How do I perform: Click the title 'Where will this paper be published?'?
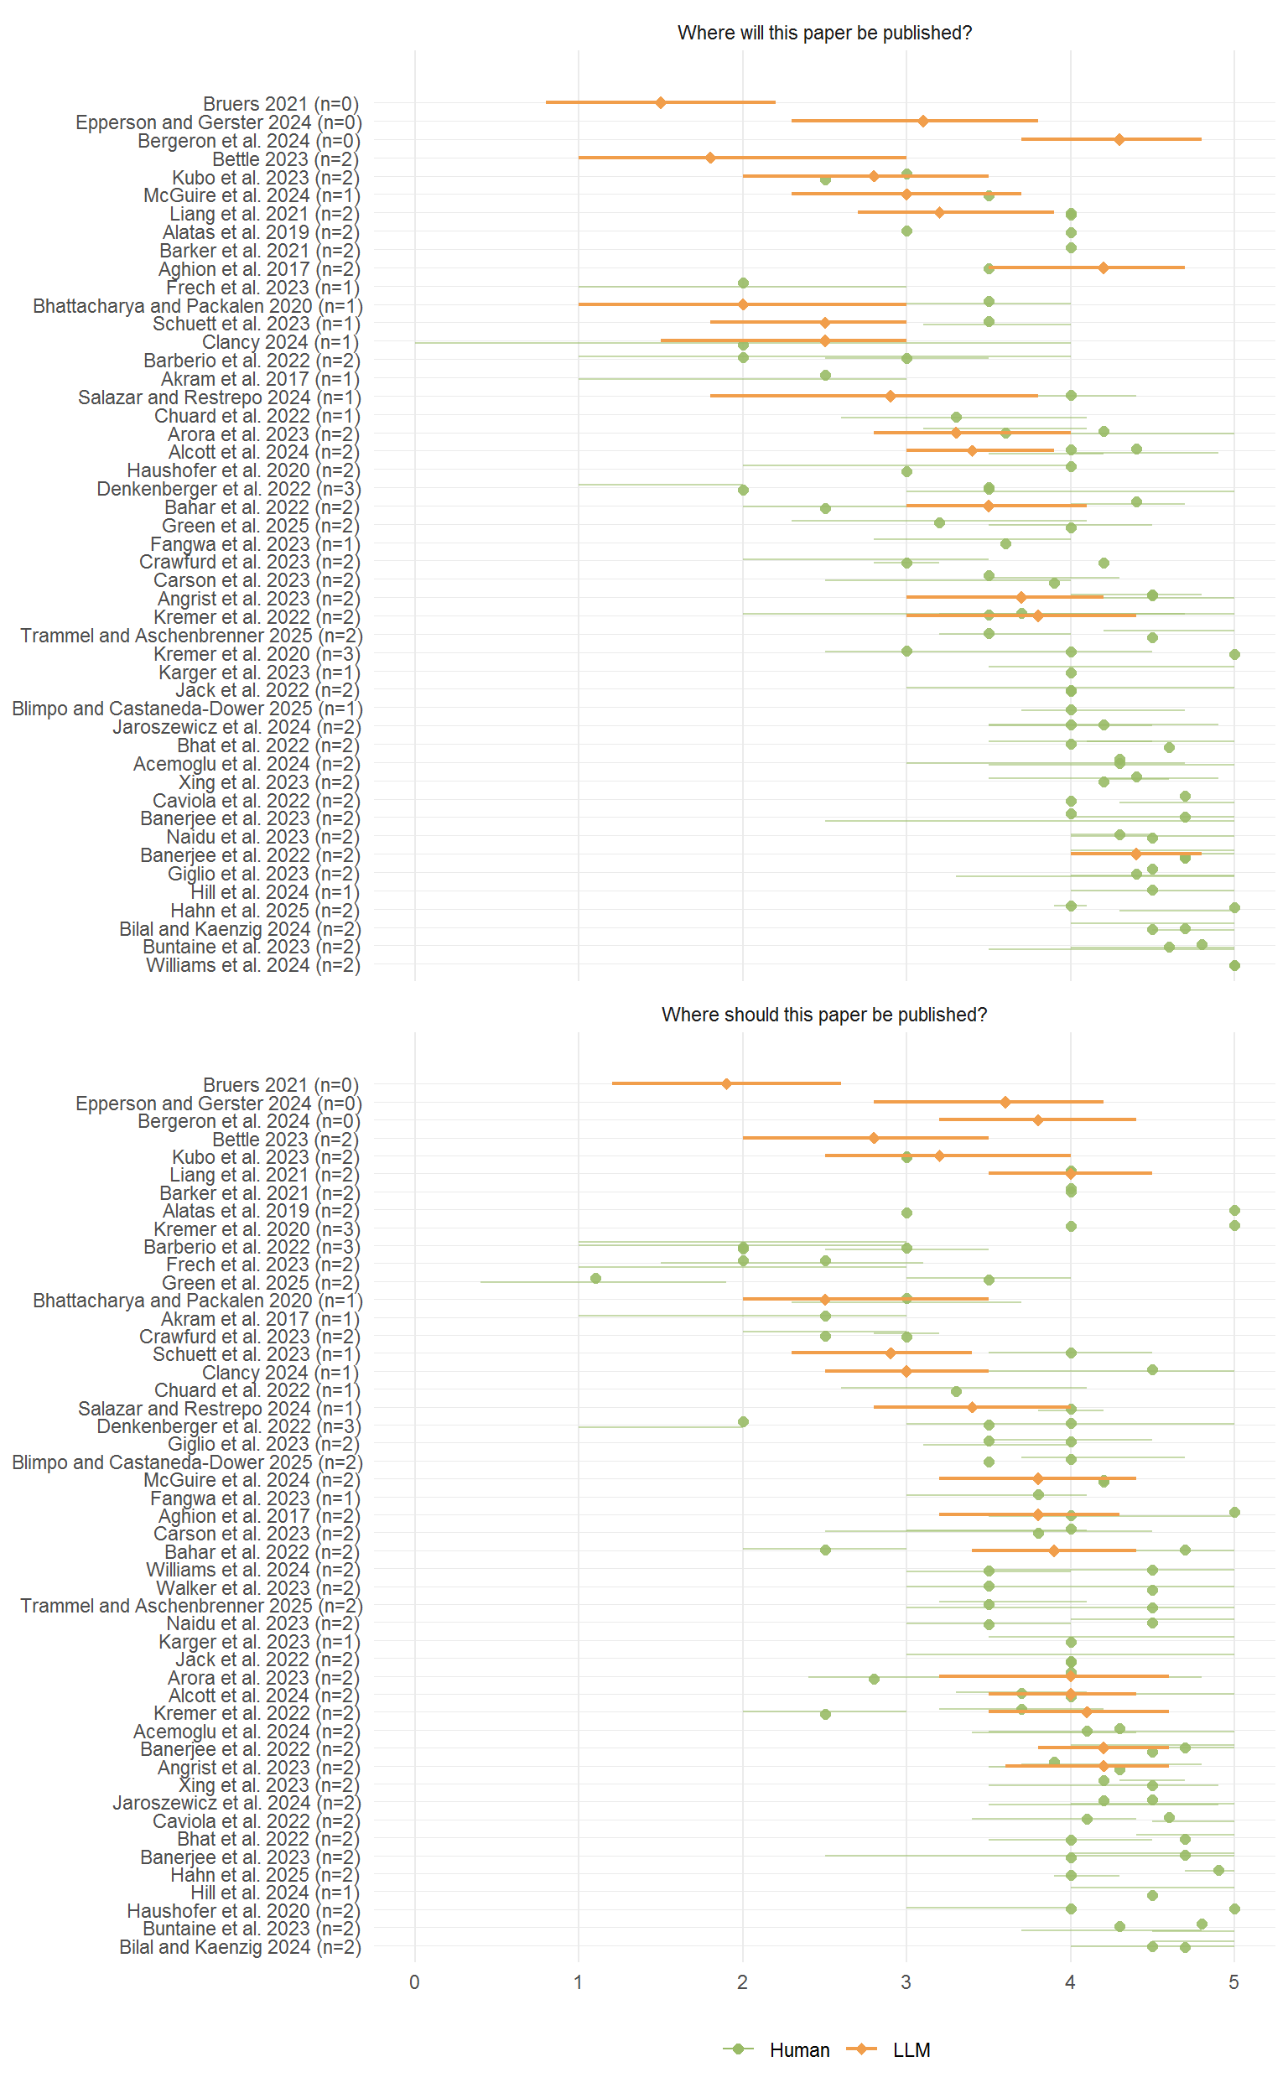pos(823,34)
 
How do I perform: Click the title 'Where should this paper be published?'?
pos(823,1015)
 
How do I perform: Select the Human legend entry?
pos(798,2049)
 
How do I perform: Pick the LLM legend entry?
pos(911,2049)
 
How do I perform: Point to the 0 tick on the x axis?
pos(415,1981)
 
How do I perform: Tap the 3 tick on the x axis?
pos(906,1981)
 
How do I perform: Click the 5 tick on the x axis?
pos(1233,1981)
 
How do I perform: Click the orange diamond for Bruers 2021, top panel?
pos(660,102)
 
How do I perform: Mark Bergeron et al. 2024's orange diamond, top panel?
pos(1119,139)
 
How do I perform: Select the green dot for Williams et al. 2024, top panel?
pos(1234,965)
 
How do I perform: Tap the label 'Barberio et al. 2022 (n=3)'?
pos(252,1247)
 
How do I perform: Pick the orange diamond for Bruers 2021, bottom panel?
pos(726,1083)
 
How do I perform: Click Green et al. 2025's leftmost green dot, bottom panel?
pos(595,1278)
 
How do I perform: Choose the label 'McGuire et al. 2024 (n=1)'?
pos(252,196)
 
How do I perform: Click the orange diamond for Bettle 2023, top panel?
pos(710,158)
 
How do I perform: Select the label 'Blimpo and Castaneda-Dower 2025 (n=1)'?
pos(187,709)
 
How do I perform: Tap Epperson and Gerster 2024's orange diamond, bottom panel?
pos(1005,1103)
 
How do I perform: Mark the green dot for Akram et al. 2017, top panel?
pos(824,375)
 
